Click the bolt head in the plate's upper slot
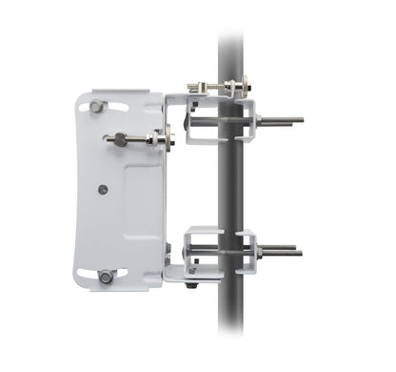click(x=98, y=107)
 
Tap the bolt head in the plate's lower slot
click(x=106, y=277)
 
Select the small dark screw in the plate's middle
click(x=102, y=189)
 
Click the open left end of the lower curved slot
click(x=84, y=277)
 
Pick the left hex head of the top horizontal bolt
click(x=195, y=88)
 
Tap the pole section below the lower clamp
click(x=231, y=324)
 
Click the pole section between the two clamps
click(x=231, y=186)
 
